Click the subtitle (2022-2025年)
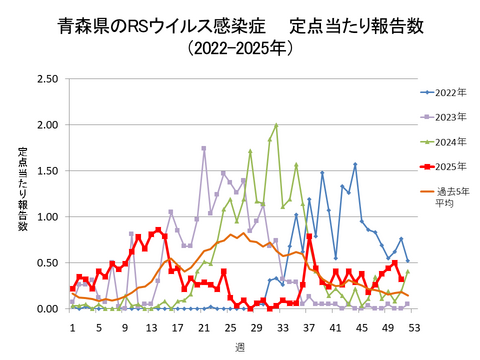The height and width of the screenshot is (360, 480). [240, 46]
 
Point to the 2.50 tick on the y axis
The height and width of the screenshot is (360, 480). [45, 79]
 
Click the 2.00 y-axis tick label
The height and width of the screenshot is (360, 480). [45, 125]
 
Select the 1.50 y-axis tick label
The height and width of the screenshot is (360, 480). [45, 171]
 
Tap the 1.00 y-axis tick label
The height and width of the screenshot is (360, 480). [45, 217]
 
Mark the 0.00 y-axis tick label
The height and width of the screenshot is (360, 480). [45, 309]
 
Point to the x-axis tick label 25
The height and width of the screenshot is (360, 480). [229, 326]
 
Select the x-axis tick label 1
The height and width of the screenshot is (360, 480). [72, 326]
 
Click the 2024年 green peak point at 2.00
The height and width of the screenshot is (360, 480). [276, 126]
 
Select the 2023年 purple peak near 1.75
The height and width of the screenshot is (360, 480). [204, 148]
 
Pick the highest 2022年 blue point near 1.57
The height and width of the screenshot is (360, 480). [355, 165]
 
